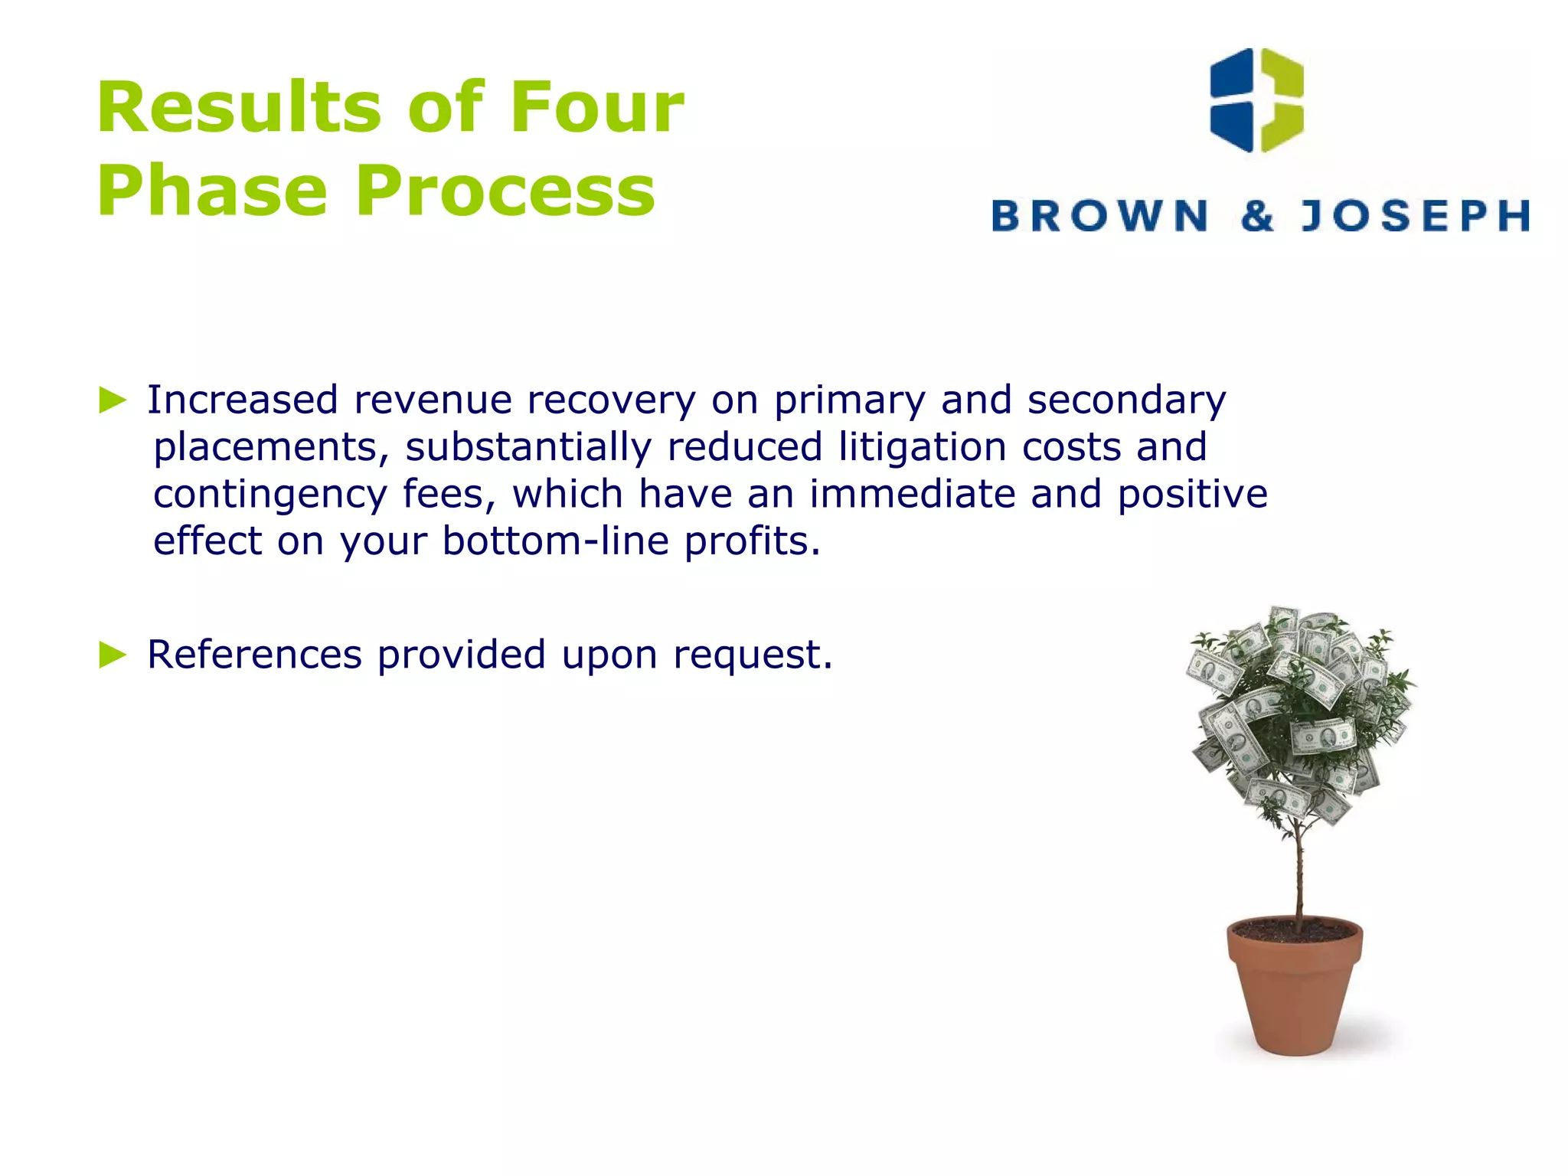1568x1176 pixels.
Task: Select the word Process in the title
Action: click(505, 191)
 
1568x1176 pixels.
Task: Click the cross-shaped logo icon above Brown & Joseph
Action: click(1256, 100)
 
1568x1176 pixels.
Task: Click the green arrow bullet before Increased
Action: click(113, 400)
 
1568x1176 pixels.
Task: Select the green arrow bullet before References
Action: click(113, 655)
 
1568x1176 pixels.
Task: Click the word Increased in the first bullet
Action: click(242, 400)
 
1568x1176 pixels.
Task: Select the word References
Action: click(254, 655)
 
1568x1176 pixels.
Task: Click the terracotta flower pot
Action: click(1295, 988)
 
